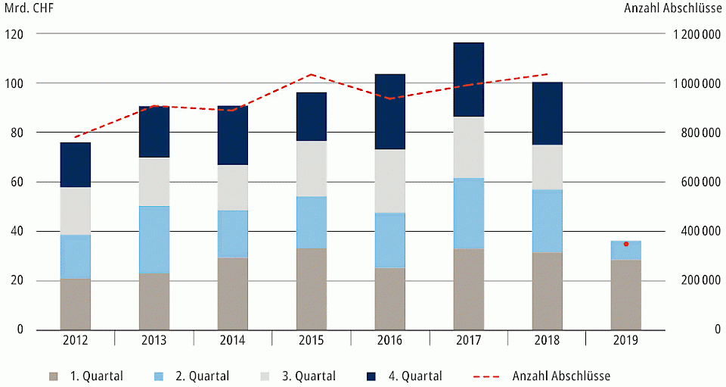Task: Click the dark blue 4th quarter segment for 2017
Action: coord(468,80)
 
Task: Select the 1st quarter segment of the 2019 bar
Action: coord(625,295)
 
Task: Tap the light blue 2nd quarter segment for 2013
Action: coord(154,239)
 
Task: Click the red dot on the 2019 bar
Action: coord(625,244)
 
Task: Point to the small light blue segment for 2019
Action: coord(625,252)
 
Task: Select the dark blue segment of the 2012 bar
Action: coord(76,164)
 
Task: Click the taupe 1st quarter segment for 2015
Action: coord(311,289)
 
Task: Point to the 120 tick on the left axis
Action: coord(14,34)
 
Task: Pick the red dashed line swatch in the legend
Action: coord(487,376)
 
